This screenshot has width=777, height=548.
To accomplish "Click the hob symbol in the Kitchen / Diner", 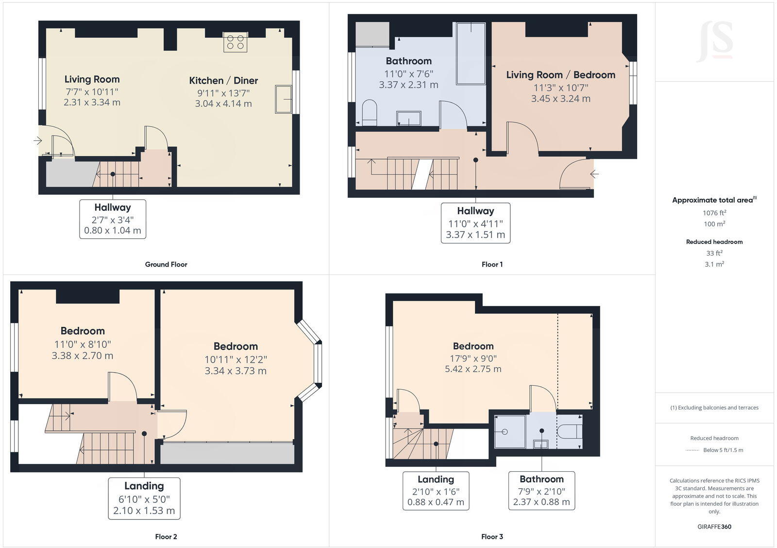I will (236, 42).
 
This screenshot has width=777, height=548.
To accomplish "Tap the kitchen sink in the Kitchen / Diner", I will (283, 99).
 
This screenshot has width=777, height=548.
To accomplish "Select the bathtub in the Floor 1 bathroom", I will (471, 53).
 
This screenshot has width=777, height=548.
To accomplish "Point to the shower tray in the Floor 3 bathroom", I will (510, 431).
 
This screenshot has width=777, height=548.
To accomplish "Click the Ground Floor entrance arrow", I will (38, 141).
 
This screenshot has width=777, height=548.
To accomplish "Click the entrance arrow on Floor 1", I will (594, 173).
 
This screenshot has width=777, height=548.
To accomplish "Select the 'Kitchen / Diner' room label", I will (223, 81).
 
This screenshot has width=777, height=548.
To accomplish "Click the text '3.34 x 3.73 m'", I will (236, 371).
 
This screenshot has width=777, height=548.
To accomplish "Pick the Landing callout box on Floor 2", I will (144, 498).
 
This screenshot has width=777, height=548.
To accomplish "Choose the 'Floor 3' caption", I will (492, 536).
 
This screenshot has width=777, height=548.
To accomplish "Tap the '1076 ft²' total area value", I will (714, 213).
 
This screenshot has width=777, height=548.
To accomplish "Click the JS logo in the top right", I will (714, 41).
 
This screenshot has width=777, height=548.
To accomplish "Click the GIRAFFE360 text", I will (714, 527).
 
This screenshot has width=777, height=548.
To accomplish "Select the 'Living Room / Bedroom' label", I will (560, 75).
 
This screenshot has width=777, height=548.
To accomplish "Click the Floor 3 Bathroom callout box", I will (541, 490).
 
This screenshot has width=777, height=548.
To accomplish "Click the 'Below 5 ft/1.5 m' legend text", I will (723, 450).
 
